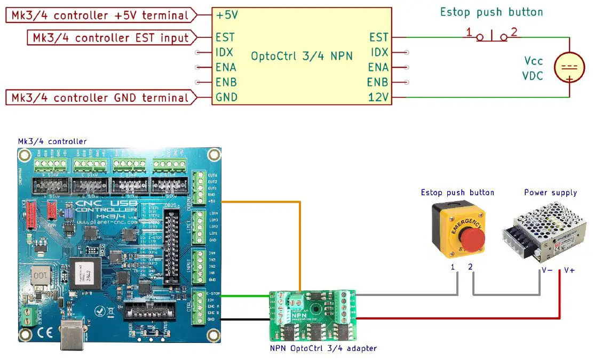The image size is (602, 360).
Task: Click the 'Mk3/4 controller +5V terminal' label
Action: point(99,15)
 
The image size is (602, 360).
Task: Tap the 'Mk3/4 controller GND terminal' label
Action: point(99,98)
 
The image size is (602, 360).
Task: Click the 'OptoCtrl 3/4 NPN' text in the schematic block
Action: point(302,55)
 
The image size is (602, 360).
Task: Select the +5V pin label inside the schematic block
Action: point(227,15)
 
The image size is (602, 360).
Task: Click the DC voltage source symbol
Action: point(569,68)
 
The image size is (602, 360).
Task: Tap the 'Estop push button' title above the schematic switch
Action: point(491,12)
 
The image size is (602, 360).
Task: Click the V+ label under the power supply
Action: point(569,270)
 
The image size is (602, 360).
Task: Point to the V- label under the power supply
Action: point(546,270)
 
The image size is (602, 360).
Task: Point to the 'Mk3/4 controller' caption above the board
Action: point(52,141)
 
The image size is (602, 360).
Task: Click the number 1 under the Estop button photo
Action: point(453,267)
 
